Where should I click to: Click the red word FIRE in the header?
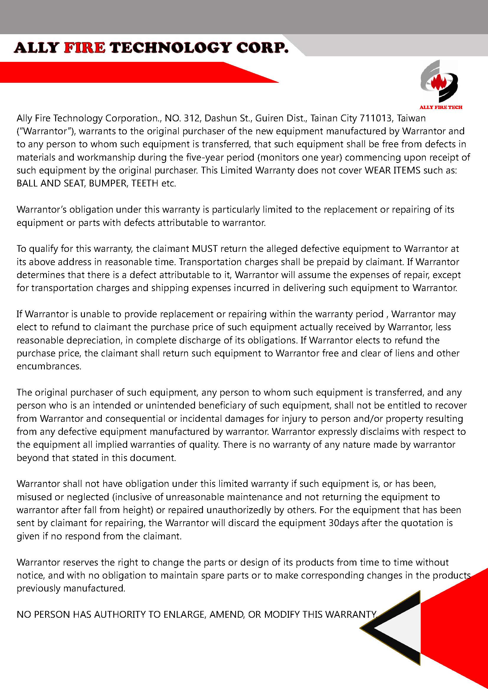click(x=85, y=48)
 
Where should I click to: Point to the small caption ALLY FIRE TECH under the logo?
click(x=440, y=108)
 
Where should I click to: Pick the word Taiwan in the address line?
click(x=411, y=118)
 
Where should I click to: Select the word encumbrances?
click(x=49, y=367)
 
